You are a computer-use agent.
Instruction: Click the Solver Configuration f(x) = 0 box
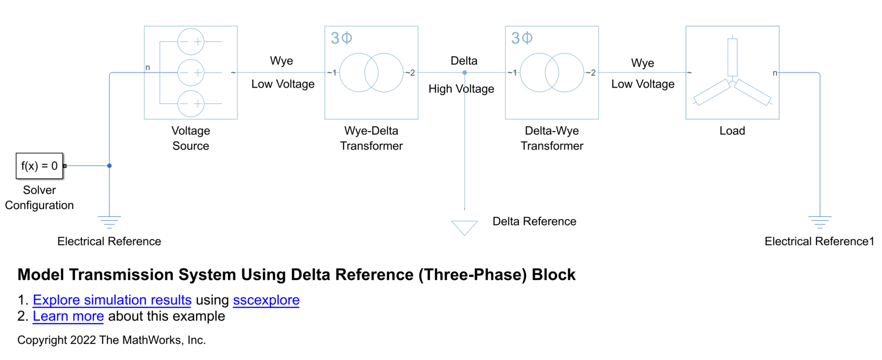click(x=39, y=166)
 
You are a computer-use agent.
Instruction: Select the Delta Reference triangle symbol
click(x=464, y=226)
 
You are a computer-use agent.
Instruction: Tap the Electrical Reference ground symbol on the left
click(x=109, y=222)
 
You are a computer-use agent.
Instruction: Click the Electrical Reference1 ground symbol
click(x=820, y=222)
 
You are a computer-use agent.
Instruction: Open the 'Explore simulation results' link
click(x=112, y=300)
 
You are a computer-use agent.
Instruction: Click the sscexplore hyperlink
click(x=266, y=300)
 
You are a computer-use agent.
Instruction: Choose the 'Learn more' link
click(x=68, y=316)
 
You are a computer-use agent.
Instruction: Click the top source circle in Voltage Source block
click(x=191, y=42)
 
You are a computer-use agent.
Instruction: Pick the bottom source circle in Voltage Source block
click(x=191, y=104)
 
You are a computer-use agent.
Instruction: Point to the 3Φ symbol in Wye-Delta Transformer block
click(x=341, y=38)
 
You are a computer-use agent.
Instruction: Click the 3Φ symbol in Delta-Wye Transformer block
click(x=522, y=38)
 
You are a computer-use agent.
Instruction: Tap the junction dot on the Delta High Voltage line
click(x=465, y=73)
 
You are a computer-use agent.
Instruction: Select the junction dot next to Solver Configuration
click(x=109, y=165)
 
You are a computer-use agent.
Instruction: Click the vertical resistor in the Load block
click(x=732, y=57)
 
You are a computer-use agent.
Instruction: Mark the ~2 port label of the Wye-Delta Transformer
click(x=410, y=73)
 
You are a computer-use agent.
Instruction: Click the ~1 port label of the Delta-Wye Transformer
click(x=512, y=73)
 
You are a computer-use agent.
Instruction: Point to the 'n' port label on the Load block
click(x=775, y=73)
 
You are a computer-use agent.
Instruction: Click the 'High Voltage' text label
click(x=461, y=89)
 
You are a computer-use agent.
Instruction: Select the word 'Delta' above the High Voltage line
click(x=464, y=61)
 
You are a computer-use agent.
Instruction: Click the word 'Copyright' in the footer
click(x=42, y=340)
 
